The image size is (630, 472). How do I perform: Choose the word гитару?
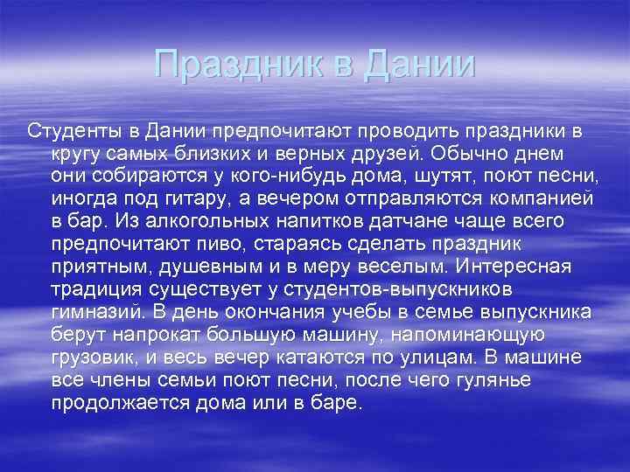click(x=213, y=199)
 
